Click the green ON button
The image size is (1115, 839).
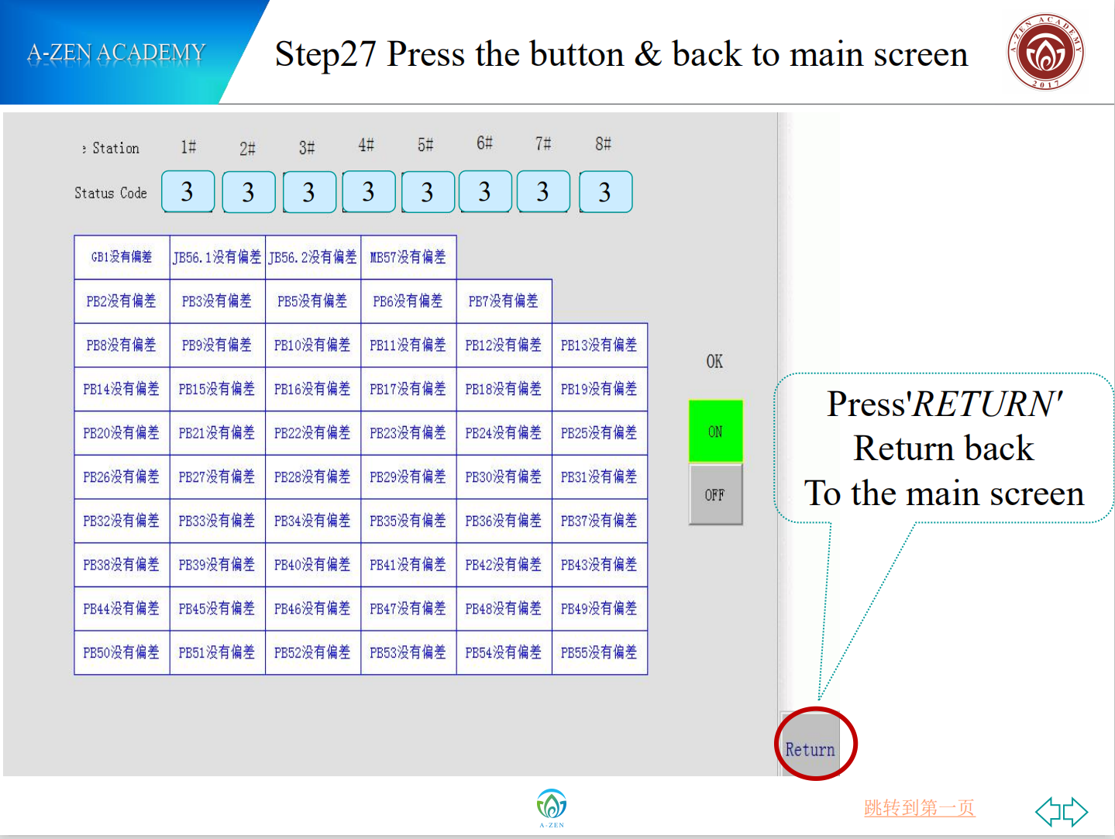tap(715, 432)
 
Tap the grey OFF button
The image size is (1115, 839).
tap(715, 494)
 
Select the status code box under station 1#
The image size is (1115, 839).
tap(188, 191)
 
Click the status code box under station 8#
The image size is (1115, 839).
tap(605, 191)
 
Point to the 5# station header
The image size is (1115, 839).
tap(425, 145)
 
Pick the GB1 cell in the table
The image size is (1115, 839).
tap(122, 257)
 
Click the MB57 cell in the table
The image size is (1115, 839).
tap(408, 257)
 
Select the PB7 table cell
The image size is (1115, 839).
tap(504, 301)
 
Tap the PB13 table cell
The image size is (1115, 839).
tap(600, 345)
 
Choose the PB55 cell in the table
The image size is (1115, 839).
tap(600, 652)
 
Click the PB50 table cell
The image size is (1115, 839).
tap(122, 652)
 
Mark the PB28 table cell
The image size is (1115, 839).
tap(313, 476)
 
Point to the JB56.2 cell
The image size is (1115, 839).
tap(313, 257)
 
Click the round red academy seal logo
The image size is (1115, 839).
tap(1045, 52)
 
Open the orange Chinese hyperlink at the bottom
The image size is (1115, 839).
tap(920, 807)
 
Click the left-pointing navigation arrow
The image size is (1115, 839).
tap(1048, 811)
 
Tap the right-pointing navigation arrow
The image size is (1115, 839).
tap(1075, 811)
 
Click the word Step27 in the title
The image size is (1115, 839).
tap(325, 54)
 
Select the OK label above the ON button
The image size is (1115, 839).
tap(714, 361)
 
